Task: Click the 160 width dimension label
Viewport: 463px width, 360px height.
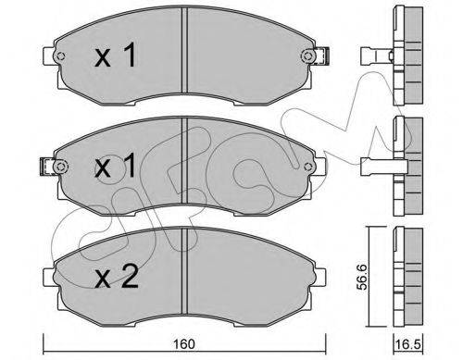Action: click(183, 344)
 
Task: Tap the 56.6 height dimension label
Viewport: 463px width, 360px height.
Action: click(362, 277)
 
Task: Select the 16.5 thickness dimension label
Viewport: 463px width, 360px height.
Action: click(408, 344)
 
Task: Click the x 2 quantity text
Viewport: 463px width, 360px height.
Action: click(117, 277)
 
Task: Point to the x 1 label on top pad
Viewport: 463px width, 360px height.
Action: click(115, 55)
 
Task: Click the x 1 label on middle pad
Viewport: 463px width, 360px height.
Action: click(115, 166)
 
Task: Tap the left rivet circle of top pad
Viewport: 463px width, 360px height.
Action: click(60, 56)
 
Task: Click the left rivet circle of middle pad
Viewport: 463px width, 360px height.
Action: click(60, 167)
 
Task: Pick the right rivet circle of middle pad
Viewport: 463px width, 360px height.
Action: click(307, 167)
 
